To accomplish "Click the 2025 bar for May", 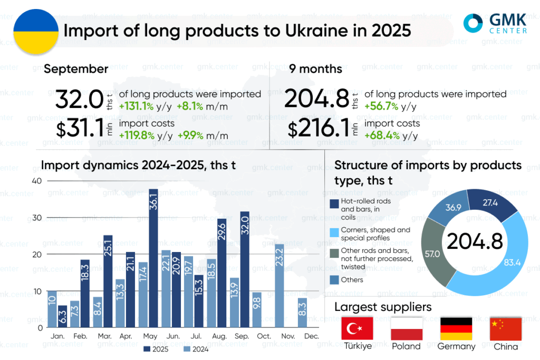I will [153, 258].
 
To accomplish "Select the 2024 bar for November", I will [279, 285].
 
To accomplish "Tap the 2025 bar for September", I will [244, 269].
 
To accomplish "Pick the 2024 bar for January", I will [52, 309].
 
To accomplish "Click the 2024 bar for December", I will [302, 313].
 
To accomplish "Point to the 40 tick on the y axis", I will [36, 180].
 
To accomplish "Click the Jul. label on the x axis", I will [195, 336].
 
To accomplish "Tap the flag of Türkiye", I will [358, 329].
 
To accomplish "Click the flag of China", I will [506, 329].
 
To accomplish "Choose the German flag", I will [457, 329].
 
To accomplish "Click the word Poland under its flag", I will [406, 346].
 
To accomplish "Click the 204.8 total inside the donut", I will [475, 241].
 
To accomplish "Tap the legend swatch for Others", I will [334, 280].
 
